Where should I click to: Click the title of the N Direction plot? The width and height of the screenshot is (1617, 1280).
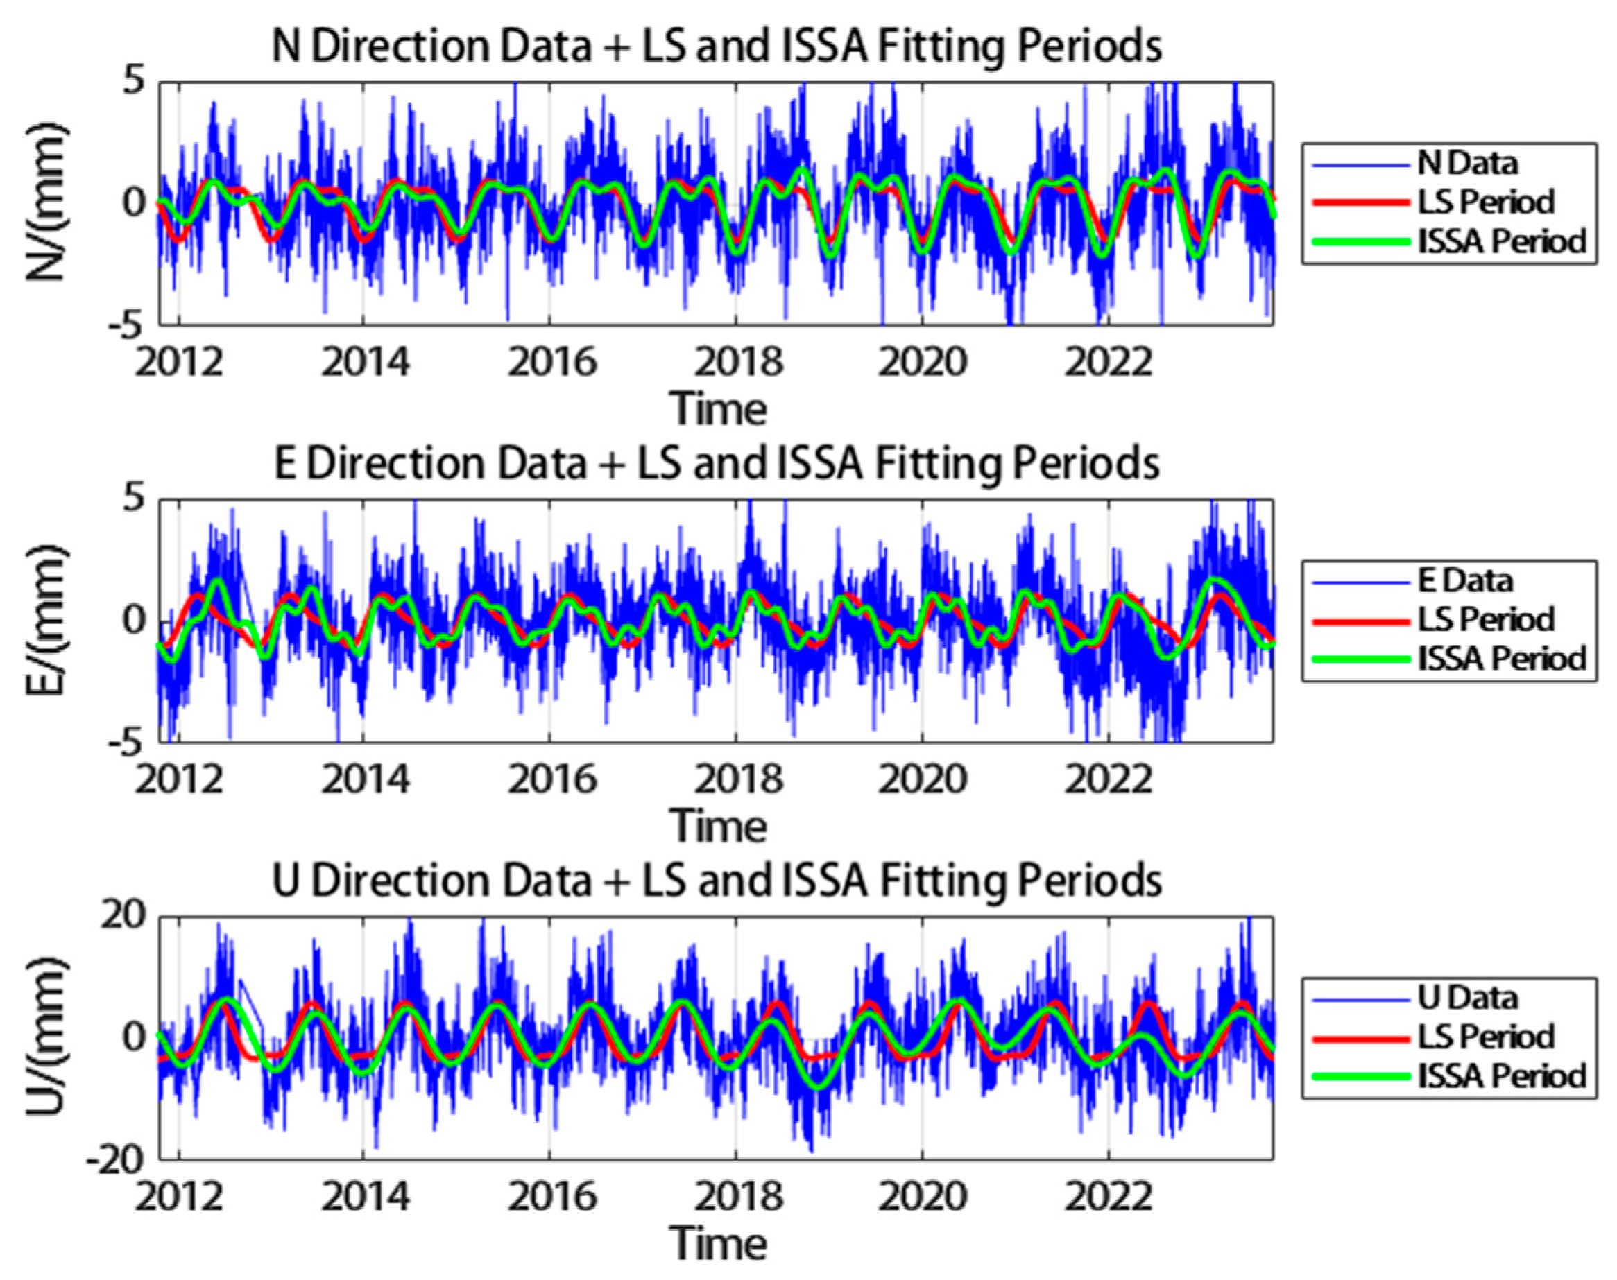[x=716, y=46]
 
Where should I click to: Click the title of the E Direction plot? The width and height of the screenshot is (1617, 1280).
[x=716, y=464]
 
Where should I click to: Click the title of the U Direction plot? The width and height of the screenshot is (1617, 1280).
[x=716, y=881]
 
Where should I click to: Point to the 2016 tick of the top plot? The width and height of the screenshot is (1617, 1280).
[x=551, y=363]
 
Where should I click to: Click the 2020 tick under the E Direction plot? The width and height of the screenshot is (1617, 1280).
[x=922, y=780]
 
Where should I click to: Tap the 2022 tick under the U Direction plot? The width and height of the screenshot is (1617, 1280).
[x=1108, y=1197]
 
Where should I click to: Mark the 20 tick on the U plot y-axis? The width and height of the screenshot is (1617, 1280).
[x=123, y=915]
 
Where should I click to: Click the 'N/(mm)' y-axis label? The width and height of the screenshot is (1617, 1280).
[x=46, y=202]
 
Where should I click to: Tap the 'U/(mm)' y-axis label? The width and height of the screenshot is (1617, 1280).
[x=46, y=1037]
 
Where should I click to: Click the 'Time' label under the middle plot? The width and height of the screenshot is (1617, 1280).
[x=717, y=827]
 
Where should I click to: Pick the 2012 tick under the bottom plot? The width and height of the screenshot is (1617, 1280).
[x=179, y=1197]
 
